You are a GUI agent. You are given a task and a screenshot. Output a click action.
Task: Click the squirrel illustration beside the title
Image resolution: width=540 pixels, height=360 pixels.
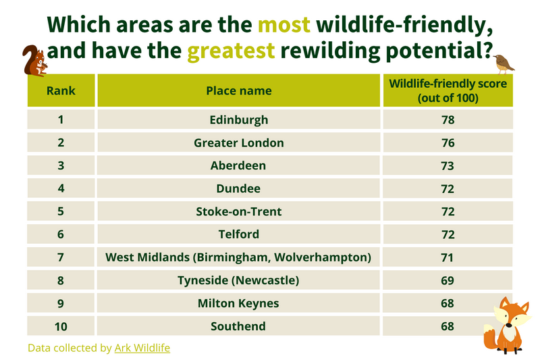coord(35,61)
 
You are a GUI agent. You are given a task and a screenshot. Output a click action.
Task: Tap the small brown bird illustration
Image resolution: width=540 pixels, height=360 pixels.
coord(504,64)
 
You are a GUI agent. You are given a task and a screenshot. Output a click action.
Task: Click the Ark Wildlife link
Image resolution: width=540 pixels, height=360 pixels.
coord(142,348)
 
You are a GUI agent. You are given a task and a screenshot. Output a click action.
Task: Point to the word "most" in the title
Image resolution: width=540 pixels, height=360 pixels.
coord(284,25)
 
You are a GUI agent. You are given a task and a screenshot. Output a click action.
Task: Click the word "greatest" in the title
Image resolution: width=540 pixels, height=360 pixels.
coord(231,51)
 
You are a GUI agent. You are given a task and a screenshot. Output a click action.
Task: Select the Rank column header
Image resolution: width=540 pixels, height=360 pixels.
coord(61,91)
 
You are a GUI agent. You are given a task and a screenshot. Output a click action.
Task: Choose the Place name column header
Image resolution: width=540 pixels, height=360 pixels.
coord(239,91)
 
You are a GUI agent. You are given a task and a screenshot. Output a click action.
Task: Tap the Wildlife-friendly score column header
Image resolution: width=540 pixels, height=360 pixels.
coord(448,91)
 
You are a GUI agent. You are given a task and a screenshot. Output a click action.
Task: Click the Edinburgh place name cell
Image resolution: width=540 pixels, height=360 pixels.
coord(239,120)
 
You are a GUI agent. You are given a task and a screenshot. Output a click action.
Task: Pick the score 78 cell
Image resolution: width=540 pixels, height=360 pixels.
coord(448,120)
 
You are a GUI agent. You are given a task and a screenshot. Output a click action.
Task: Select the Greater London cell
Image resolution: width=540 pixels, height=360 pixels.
coord(239,143)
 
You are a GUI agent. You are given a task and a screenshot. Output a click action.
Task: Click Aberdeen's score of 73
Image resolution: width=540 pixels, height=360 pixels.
coord(448,165)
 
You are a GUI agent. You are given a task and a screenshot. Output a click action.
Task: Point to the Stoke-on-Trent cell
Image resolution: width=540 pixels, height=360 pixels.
coord(239,211)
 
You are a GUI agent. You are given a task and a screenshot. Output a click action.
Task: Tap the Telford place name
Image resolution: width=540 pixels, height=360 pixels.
coord(239,234)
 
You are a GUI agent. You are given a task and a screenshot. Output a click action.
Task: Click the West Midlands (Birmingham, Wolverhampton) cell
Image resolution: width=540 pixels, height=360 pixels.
coord(239,257)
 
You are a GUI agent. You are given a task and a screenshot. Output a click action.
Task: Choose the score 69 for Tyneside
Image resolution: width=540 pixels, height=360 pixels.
coord(448,280)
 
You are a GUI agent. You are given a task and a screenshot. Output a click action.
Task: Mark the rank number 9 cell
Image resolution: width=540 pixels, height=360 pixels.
coord(61,303)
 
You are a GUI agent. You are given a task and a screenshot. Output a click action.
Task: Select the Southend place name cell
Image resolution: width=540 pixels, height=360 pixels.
coord(239,326)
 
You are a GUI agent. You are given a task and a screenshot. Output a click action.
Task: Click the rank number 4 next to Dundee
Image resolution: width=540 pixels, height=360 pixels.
coord(61,188)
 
